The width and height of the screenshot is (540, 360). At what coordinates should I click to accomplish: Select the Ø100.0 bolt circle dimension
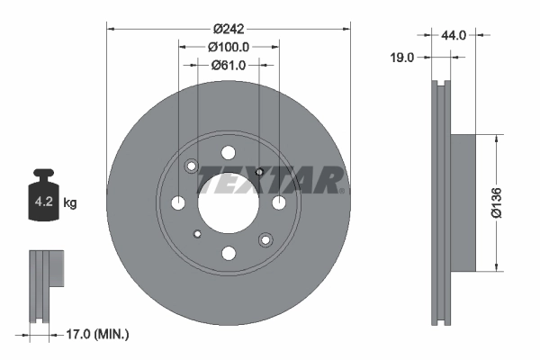tap(228, 46)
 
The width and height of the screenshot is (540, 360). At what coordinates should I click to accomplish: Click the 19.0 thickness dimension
tap(402, 57)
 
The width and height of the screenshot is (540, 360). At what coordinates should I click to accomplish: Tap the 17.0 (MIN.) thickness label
tap(97, 335)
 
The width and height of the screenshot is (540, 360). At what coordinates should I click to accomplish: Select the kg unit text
tap(70, 203)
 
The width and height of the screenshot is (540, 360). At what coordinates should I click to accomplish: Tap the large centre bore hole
tap(228, 202)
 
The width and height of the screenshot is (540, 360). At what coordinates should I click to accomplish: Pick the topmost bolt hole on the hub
tap(228, 151)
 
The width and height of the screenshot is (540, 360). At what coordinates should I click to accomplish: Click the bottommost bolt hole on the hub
tap(228, 253)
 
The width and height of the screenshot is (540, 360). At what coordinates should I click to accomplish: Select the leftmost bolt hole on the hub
tap(178, 202)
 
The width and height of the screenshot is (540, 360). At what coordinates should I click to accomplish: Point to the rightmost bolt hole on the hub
tap(278, 202)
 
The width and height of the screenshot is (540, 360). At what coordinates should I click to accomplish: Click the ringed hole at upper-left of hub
tap(191, 166)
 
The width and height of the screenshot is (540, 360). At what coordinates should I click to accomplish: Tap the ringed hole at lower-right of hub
tap(265, 239)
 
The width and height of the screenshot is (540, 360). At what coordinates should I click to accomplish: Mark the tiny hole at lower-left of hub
tap(197, 234)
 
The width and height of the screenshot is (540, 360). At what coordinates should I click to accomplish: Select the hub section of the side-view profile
tap(461, 202)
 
